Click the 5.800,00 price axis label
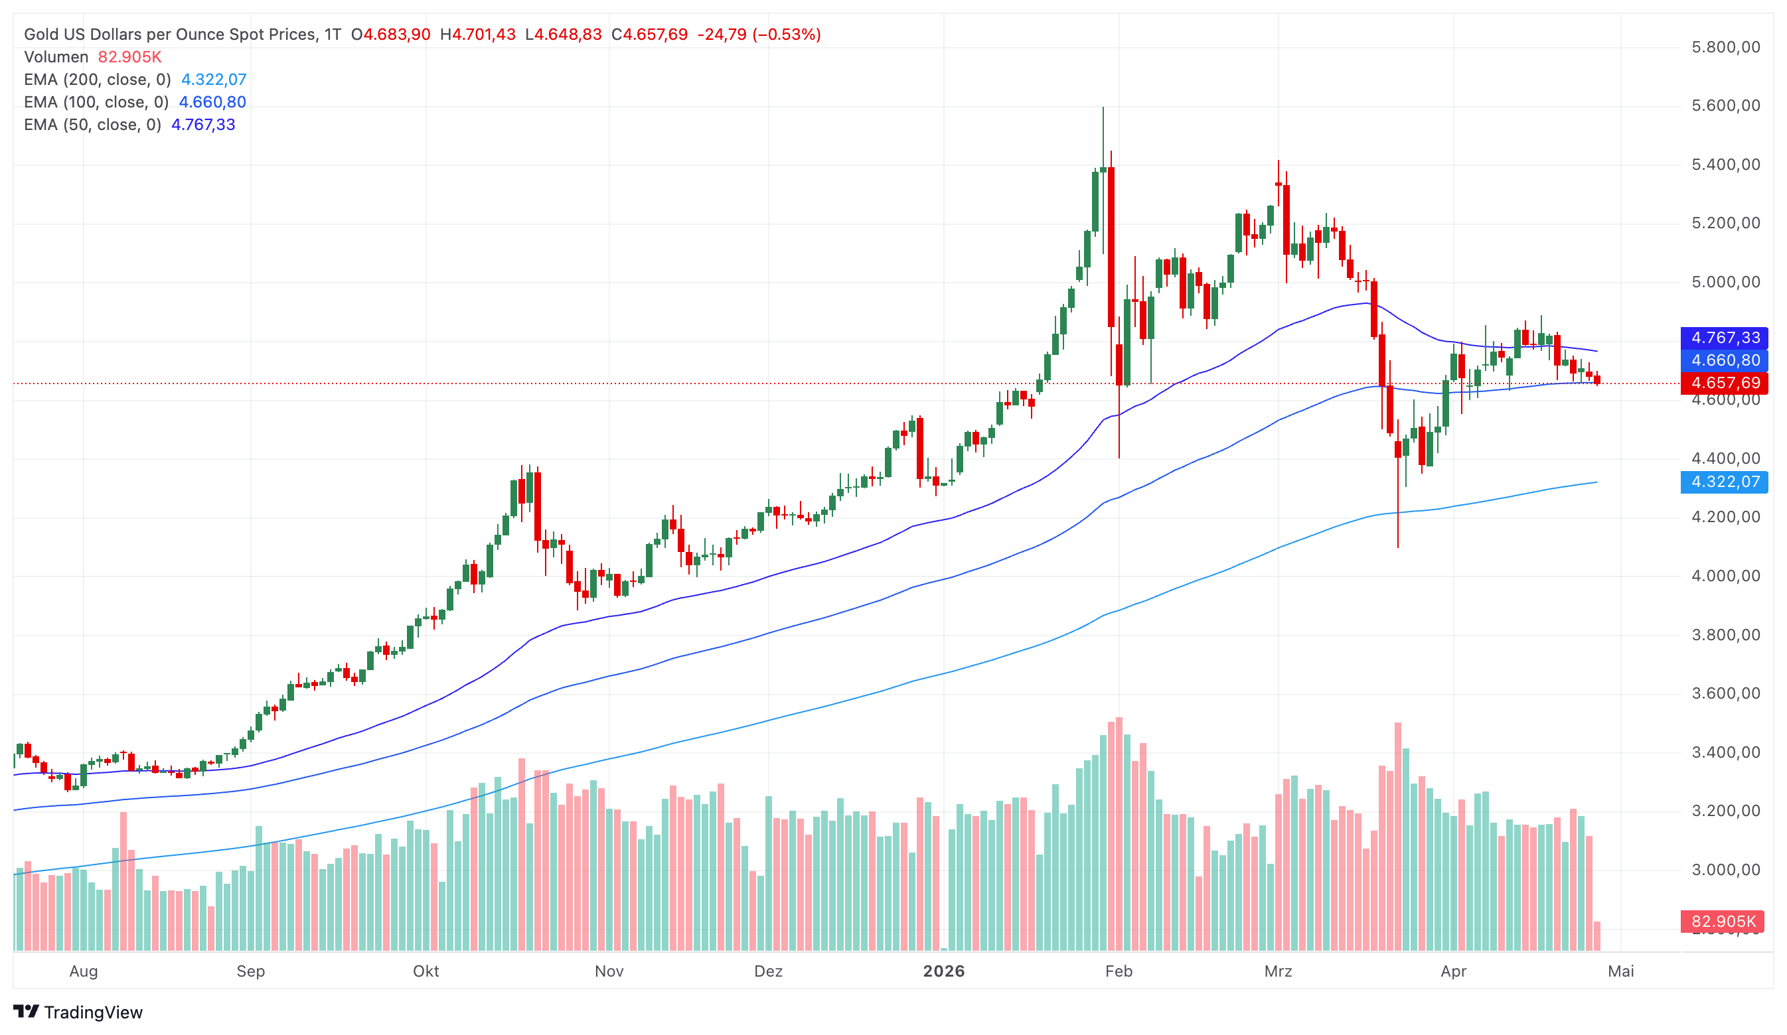pyautogui.click(x=1725, y=48)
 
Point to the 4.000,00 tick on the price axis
pyautogui.click(x=1725, y=576)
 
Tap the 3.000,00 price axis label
pyautogui.click(x=1725, y=870)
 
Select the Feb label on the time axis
pyautogui.click(x=1119, y=971)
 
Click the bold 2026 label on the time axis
pyautogui.click(x=943, y=971)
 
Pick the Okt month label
pyautogui.click(x=426, y=971)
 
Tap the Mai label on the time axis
pyautogui.click(x=1620, y=971)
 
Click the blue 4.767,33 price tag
pyautogui.click(x=1724, y=338)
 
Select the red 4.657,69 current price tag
pyautogui.click(x=1724, y=383)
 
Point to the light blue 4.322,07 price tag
pyautogui.click(x=1724, y=482)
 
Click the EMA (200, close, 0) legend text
pyautogui.click(x=97, y=80)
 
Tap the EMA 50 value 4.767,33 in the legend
pyautogui.click(x=203, y=125)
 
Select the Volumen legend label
pyautogui.click(x=56, y=56)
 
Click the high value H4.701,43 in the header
pyautogui.click(x=477, y=34)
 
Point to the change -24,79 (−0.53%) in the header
pyautogui.click(x=758, y=34)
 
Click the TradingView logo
pyautogui.click(x=78, y=1012)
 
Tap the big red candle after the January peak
pyautogui.click(x=1111, y=248)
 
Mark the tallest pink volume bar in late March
pyautogui.click(x=1398, y=837)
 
